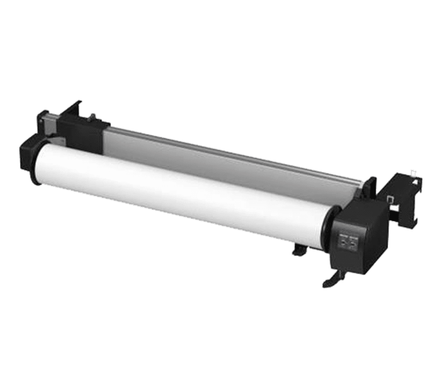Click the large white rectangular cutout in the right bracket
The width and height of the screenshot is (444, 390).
[x=397, y=208]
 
